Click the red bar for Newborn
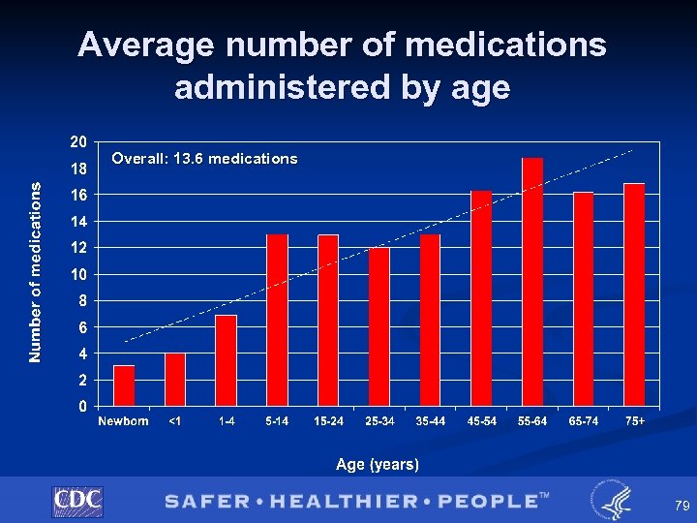pyautogui.click(x=124, y=385)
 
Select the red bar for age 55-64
pyautogui.click(x=532, y=282)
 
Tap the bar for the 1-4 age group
pyautogui.click(x=226, y=360)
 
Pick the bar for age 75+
pyautogui.click(x=634, y=294)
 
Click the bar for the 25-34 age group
pyautogui.click(x=379, y=326)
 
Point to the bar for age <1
pyautogui.click(x=174, y=380)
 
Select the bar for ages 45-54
pyautogui.click(x=481, y=298)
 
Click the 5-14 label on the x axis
pyautogui.click(x=276, y=421)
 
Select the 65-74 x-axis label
pyautogui.click(x=584, y=421)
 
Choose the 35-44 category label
pyautogui.click(x=430, y=421)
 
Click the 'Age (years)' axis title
pyautogui.click(x=378, y=465)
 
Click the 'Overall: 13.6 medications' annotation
pyautogui.click(x=204, y=159)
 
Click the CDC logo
pyautogui.click(x=77, y=501)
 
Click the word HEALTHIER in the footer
pyautogui.click(x=339, y=501)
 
